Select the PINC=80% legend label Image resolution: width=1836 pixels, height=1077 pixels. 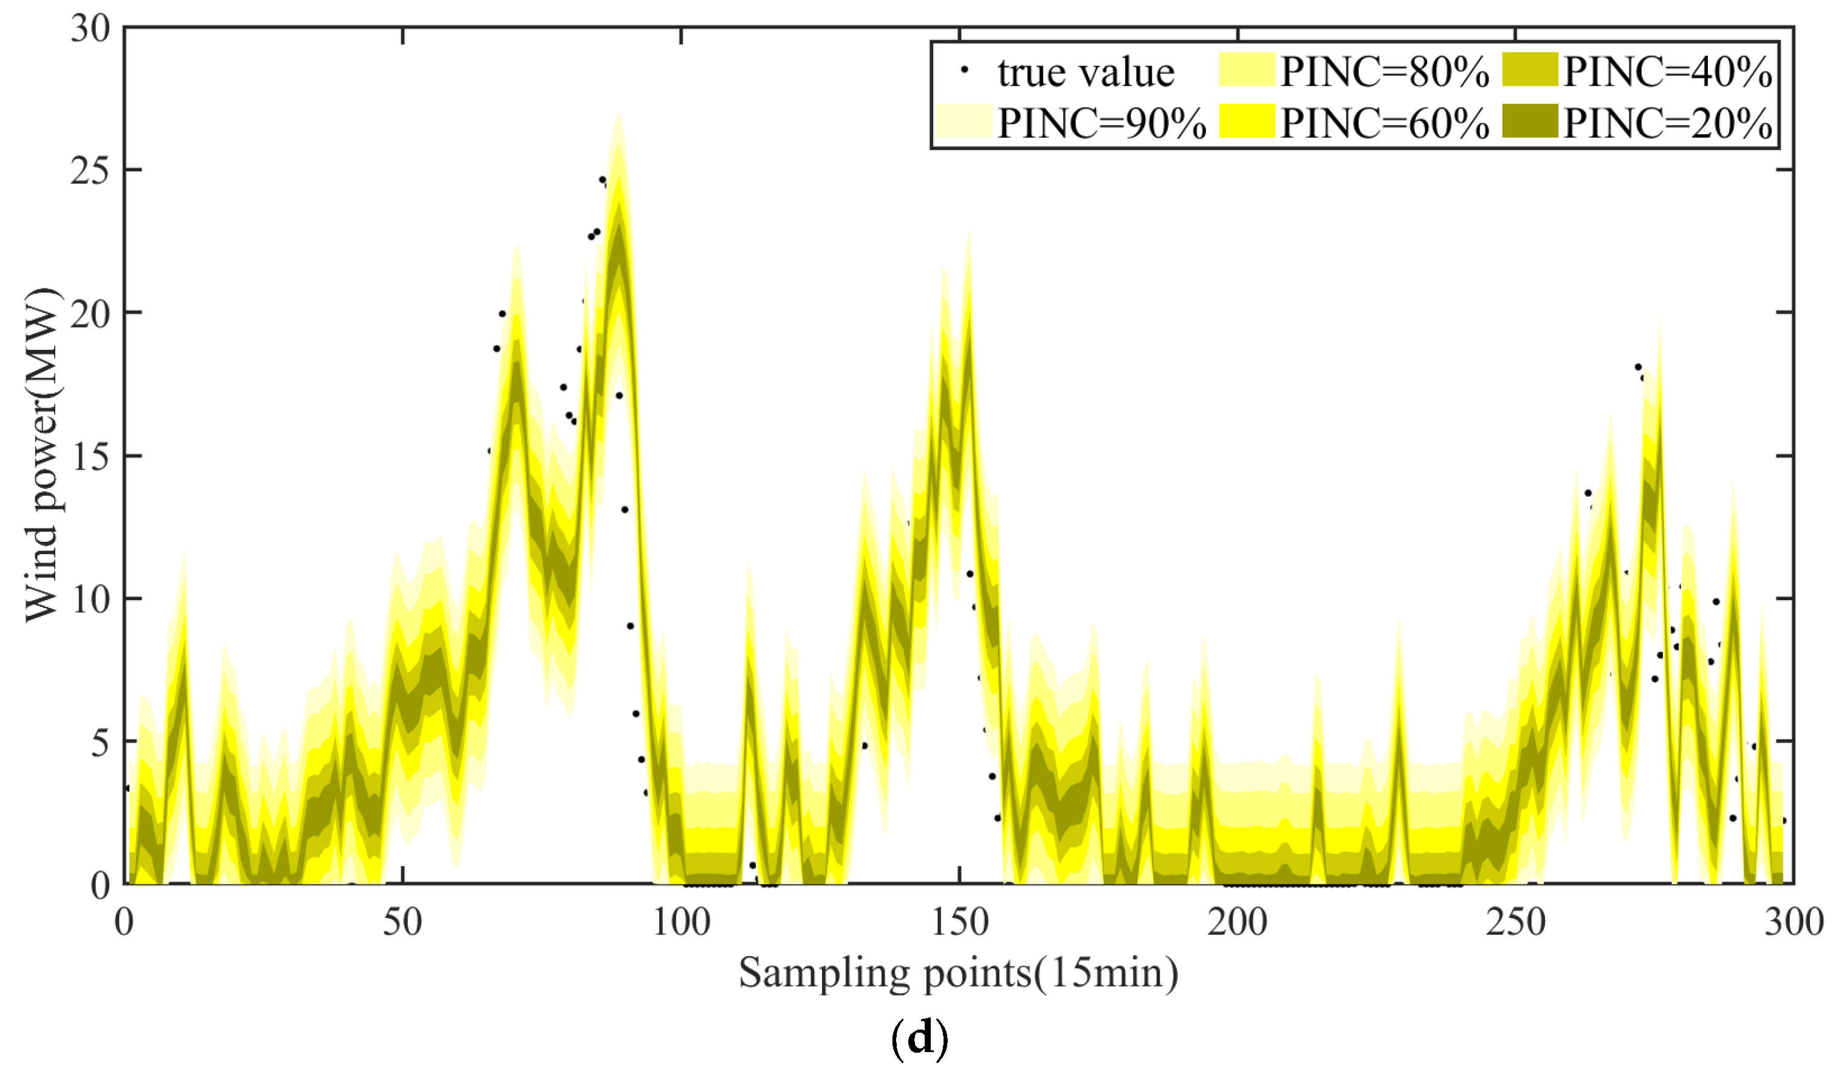[x=1383, y=72]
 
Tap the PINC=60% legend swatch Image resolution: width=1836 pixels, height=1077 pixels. [x=1246, y=121]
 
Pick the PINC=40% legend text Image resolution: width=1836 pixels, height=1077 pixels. [x=1667, y=72]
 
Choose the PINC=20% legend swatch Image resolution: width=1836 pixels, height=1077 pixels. [x=1529, y=121]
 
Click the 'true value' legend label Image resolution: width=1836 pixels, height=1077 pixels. [x=1085, y=72]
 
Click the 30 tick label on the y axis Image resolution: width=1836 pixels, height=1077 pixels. [x=90, y=29]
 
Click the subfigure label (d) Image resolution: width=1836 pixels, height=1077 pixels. [x=919, y=1038]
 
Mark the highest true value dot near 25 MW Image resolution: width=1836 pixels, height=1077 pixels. [x=602, y=179]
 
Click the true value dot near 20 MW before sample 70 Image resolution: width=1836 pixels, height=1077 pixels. [x=502, y=314]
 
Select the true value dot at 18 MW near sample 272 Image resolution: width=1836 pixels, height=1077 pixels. [x=1638, y=366]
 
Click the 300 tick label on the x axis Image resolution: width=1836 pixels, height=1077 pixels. [x=1793, y=923]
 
